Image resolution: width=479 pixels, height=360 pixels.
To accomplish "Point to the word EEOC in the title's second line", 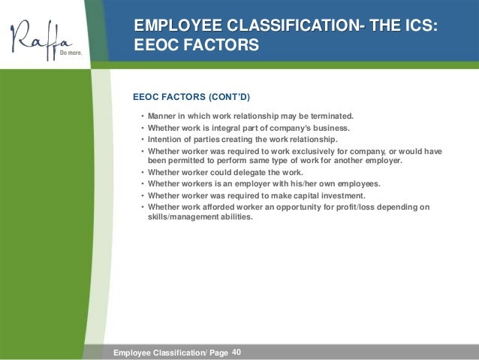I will coord(161,47).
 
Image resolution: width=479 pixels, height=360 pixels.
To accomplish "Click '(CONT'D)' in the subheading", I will coord(227,97).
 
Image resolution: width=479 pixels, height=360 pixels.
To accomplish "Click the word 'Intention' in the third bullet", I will coord(167,139).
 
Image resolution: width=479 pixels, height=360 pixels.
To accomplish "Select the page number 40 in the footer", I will coord(238,352).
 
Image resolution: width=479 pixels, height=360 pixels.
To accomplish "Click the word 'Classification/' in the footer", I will coord(179,352).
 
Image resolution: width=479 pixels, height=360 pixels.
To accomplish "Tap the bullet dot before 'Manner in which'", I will coord(142,117).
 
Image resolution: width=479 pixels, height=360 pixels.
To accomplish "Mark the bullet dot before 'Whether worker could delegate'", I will coord(142,172).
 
